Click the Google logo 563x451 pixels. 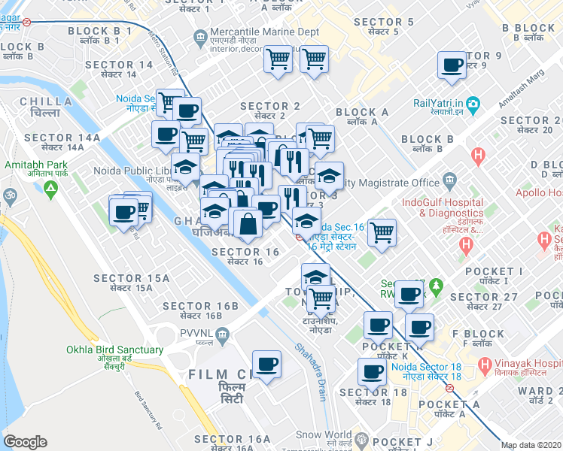point(25,442)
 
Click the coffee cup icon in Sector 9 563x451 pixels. point(452,65)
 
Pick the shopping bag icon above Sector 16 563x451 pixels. point(247,223)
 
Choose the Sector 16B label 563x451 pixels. point(200,310)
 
